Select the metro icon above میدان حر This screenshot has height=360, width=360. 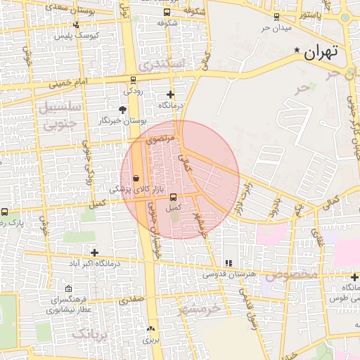(x=276, y=17)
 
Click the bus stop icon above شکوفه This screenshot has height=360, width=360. (x=167, y=13)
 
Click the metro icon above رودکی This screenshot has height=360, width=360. (x=133, y=80)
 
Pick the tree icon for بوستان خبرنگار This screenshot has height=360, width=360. (x=123, y=110)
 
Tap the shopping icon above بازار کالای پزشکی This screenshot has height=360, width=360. (x=136, y=178)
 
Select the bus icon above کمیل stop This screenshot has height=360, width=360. (x=173, y=198)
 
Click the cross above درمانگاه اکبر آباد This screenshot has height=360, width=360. (x=94, y=252)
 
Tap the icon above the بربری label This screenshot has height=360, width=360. (x=150, y=328)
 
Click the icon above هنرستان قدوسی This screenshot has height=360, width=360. (x=227, y=263)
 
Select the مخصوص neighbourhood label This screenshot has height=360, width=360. (x=296, y=273)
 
